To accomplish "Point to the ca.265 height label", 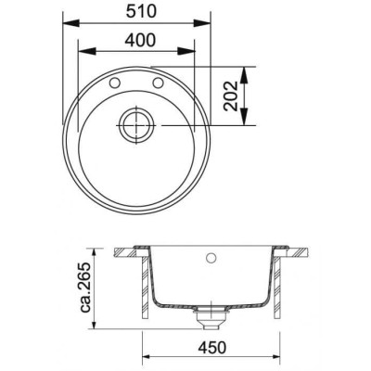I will [85, 292].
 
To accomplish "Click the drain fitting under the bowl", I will [212, 320].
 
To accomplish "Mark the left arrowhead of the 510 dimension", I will [70, 25].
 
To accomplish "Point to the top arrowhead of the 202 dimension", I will [245, 70].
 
